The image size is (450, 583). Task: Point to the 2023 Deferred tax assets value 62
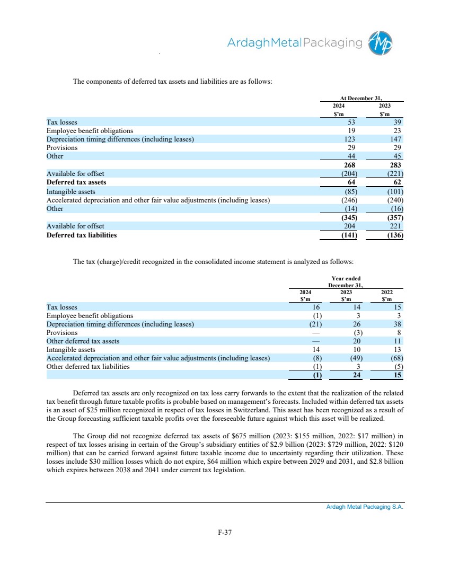click(397, 182)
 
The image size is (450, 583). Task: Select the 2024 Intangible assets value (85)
click(349, 191)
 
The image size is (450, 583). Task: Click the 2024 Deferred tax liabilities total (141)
click(348, 235)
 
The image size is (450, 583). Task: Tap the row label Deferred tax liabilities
click(82, 235)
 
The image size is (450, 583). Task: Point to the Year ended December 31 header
click(346, 282)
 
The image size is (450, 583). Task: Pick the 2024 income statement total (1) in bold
click(316, 375)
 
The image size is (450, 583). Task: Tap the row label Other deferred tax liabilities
click(88, 366)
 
